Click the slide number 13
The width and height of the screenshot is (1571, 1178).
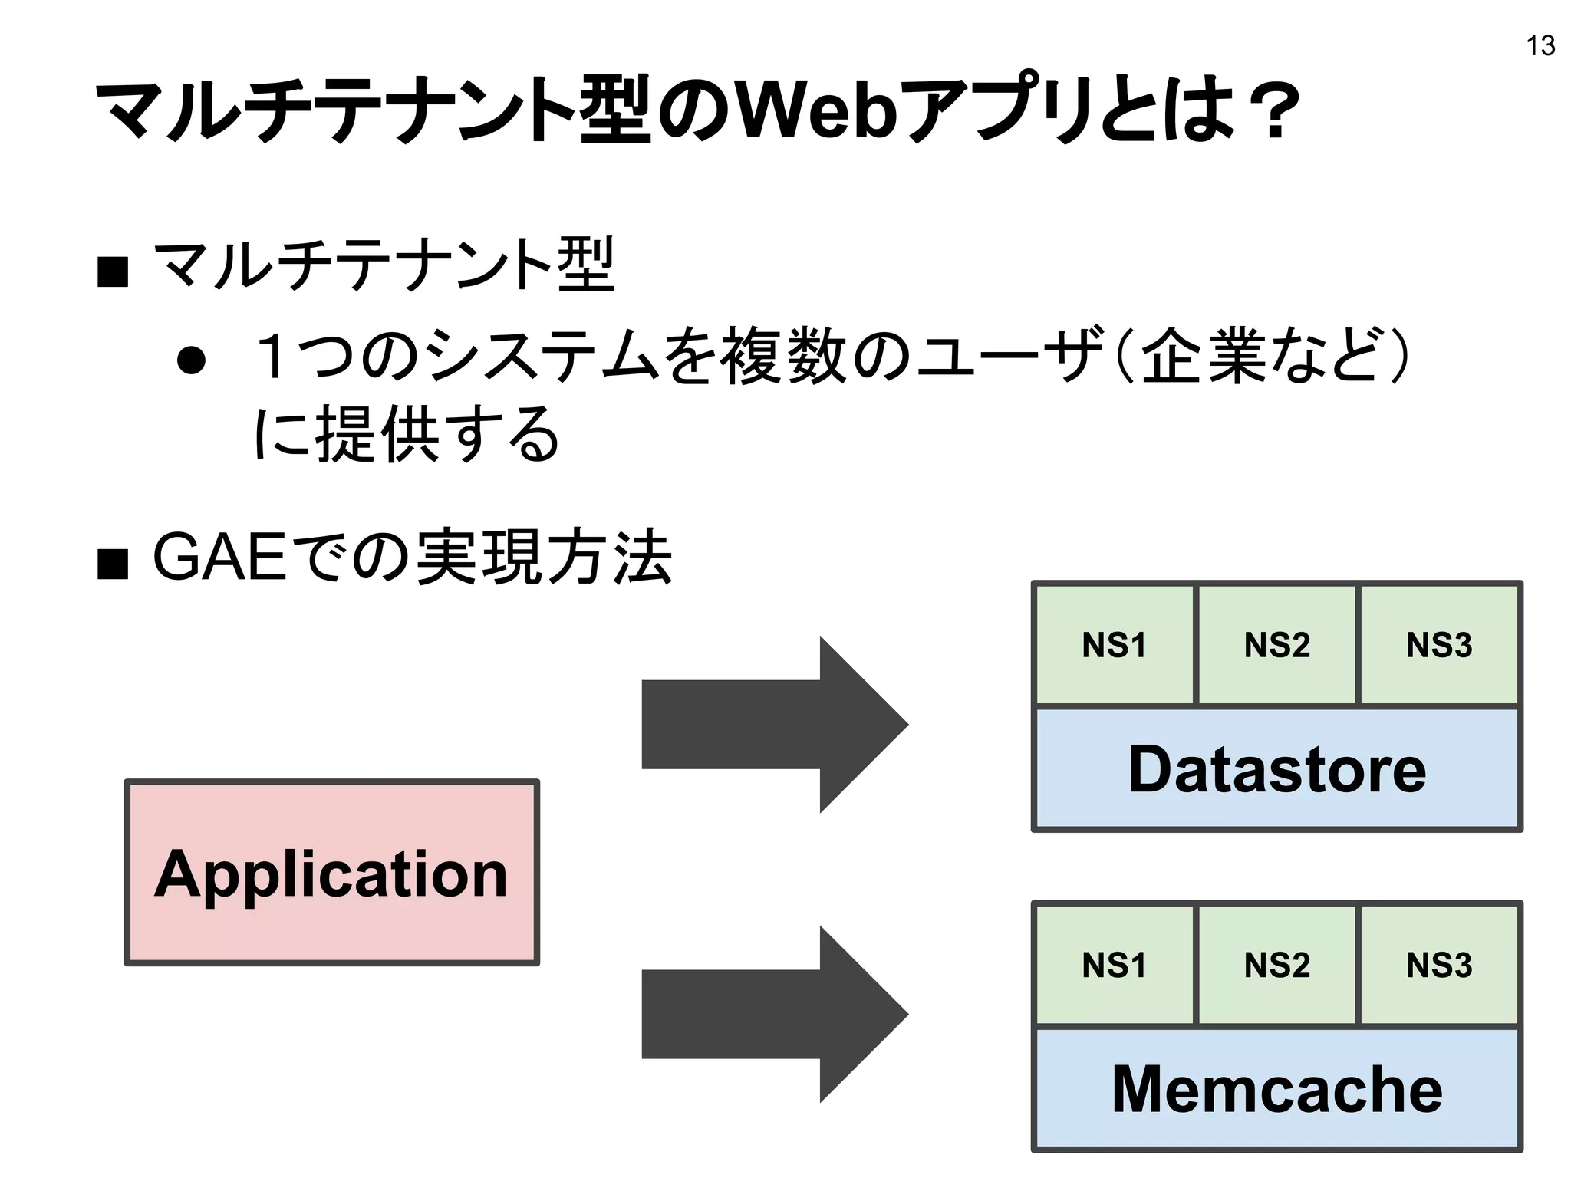click(x=1540, y=46)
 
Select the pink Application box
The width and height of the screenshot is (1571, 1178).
click(x=331, y=873)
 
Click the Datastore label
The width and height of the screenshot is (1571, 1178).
click(x=1276, y=769)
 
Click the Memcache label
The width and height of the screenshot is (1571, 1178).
click(x=1276, y=1089)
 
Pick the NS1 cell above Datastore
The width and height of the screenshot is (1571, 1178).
click(x=1114, y=645)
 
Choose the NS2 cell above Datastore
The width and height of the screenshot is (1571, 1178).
click(x=1276, y=645)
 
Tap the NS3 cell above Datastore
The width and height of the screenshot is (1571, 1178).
click(x=1439, y=645)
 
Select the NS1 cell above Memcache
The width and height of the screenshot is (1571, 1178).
click(x=1114, y=965)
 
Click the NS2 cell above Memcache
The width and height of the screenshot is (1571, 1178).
click(x=1276, y=965)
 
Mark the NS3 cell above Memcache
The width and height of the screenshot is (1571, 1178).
click(x=1439, y=965)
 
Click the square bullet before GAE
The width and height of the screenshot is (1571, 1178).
click(x=113, y=564)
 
